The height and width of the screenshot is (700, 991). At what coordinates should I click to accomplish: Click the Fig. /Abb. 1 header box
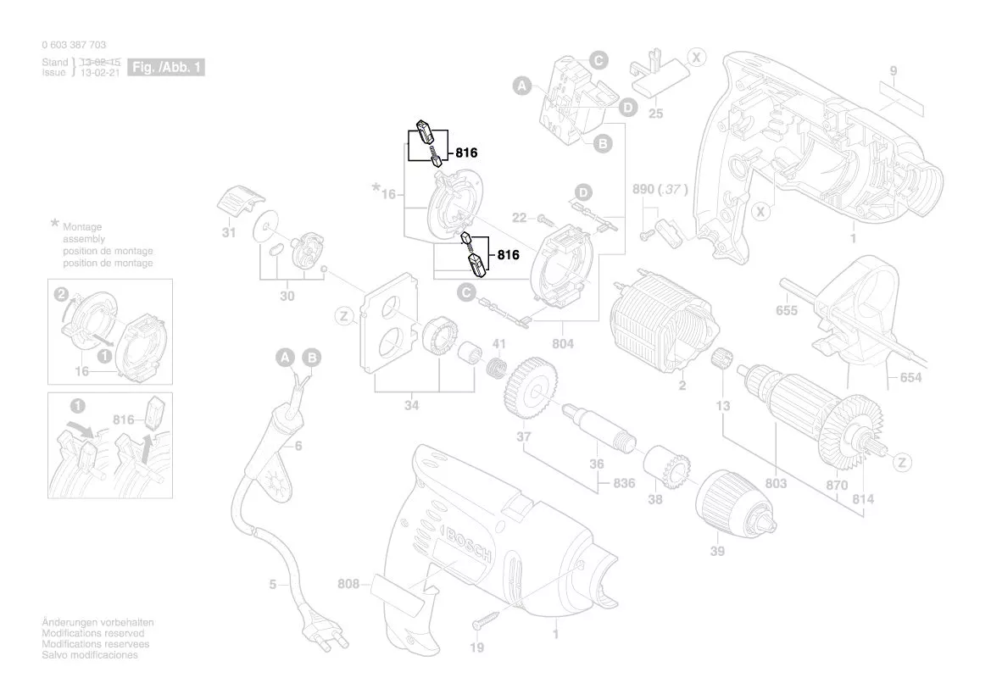tap(166, 67)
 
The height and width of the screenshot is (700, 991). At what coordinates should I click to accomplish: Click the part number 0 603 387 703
tap(74, 45)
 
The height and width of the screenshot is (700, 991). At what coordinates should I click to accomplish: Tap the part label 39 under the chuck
tap(718, 550)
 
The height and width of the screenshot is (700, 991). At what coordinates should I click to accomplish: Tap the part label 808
tap(348, 583)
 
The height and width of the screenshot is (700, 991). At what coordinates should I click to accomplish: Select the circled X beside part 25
tap(696, 58)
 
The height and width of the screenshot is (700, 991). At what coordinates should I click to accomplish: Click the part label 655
tap(787, 310)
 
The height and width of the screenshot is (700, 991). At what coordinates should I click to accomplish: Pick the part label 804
tap(563, 343)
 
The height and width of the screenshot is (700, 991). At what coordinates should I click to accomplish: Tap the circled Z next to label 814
tap(903, 463)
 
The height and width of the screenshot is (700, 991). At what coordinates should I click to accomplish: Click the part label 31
tap(229, 232)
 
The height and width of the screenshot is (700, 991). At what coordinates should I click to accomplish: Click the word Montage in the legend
tap(82, 227)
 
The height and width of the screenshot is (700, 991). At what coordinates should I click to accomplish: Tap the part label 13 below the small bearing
tap(722, 407)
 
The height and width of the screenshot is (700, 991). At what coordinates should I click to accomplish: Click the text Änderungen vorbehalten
tap(97, 623)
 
